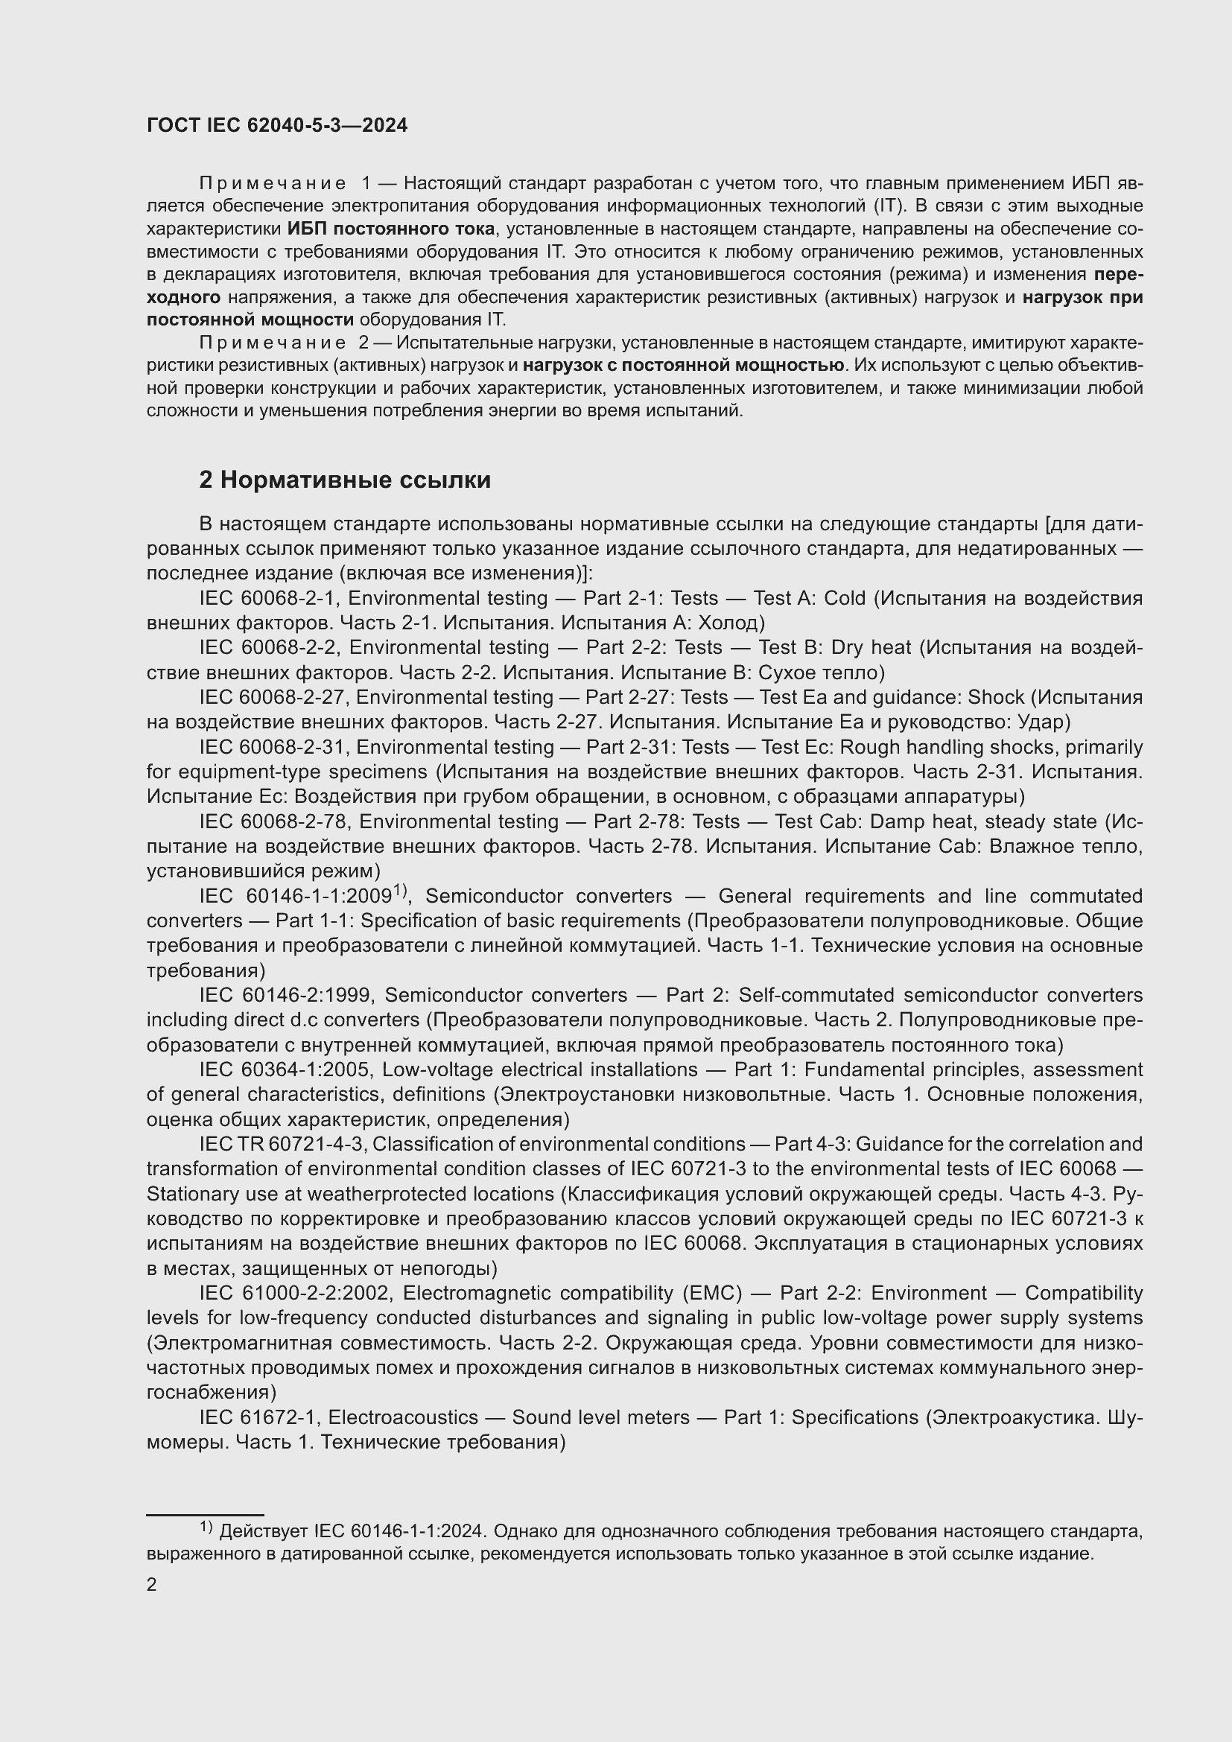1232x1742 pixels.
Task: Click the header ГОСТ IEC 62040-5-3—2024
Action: pos(277,125)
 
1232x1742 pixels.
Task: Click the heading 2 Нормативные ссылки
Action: pos(344,480)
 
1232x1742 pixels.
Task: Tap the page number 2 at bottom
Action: pos(152,1584)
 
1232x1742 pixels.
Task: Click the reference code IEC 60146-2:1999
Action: pos(286,995)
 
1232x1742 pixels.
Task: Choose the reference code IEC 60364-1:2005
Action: pos(285,1069)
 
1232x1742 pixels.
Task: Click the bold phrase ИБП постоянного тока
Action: pos(391,229)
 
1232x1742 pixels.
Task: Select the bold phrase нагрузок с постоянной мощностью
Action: pos(684,366)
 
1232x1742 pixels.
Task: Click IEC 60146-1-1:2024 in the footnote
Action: pos(403,1532)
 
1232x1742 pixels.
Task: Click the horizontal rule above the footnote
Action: pos(205,1514)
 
